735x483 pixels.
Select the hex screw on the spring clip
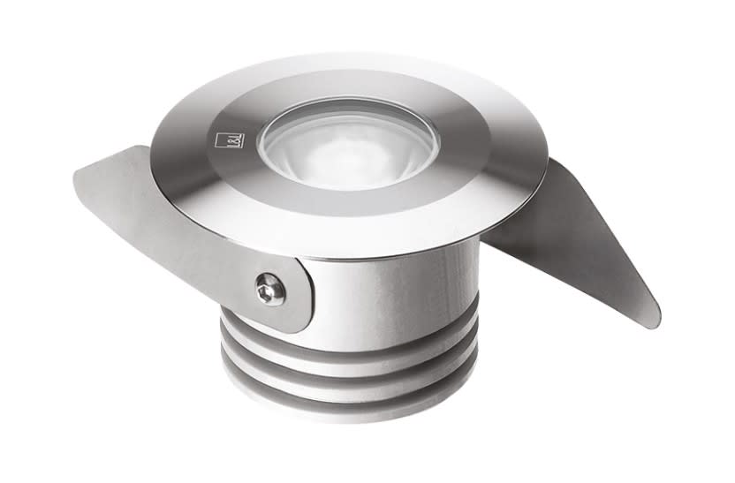[x=269, y=288]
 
